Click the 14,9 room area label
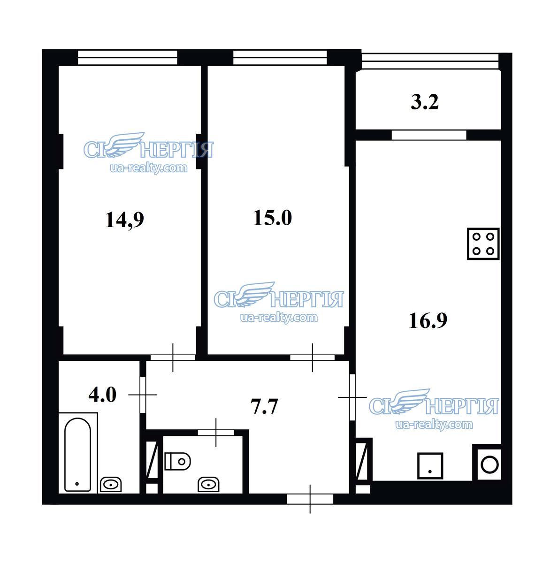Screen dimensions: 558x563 pyautogui.click(x=124, y=220)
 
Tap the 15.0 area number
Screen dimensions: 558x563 pyautogui.click(x=272, y=218)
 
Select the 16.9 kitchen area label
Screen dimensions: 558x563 pyautogui.click(x=428, y=320)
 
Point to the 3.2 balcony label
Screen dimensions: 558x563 pyautogui.click(x=424, y=102)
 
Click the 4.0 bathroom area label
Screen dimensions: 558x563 pyautogui.click(x=102, y=395)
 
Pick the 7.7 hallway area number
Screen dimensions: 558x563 pyautogui.click(x=264, y=406)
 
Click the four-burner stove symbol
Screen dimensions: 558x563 pyautogui.click(x=483, y=243)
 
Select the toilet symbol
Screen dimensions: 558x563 pyautogui.click(x=177, y=462)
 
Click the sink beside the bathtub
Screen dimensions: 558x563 pyautogui.click(x=111, y=485)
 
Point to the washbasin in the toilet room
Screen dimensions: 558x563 pyautogui.click(x=208, y=485)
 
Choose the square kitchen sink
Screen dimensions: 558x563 pyautogui.click(x=430, y=466)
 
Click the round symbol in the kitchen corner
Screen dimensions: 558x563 pyautogui.click(x=489, y=465)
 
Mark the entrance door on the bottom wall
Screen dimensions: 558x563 pyautogui.click(x=310, y=499)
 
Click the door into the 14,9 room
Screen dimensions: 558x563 pyautogui.click(x=173, y=358)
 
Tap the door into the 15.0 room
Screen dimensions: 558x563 pyautogui.click(x=312, y=358)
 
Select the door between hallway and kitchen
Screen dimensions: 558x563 pyautogui.click(x=352, y=397)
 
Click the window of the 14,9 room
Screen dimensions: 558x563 pyautogui.click(x=128, y=57)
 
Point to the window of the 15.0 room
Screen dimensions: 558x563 pyautogui.click(x=280, y=57)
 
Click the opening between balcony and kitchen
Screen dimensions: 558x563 pyautogui.click(x=429, y=135)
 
